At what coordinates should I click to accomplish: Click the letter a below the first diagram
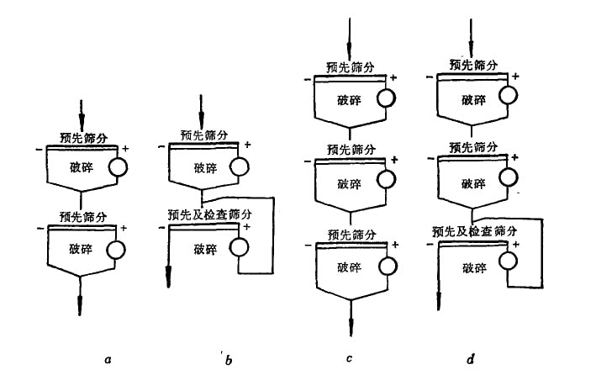tap(106, 359)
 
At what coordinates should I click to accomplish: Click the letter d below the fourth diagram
tap(472, 359)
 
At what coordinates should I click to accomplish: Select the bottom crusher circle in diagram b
tap(239, 247)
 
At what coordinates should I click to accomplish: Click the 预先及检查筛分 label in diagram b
tap(210, 215)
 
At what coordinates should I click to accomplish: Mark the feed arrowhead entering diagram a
tap(82, 119)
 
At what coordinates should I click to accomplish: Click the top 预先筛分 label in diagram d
tap(473, 64)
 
